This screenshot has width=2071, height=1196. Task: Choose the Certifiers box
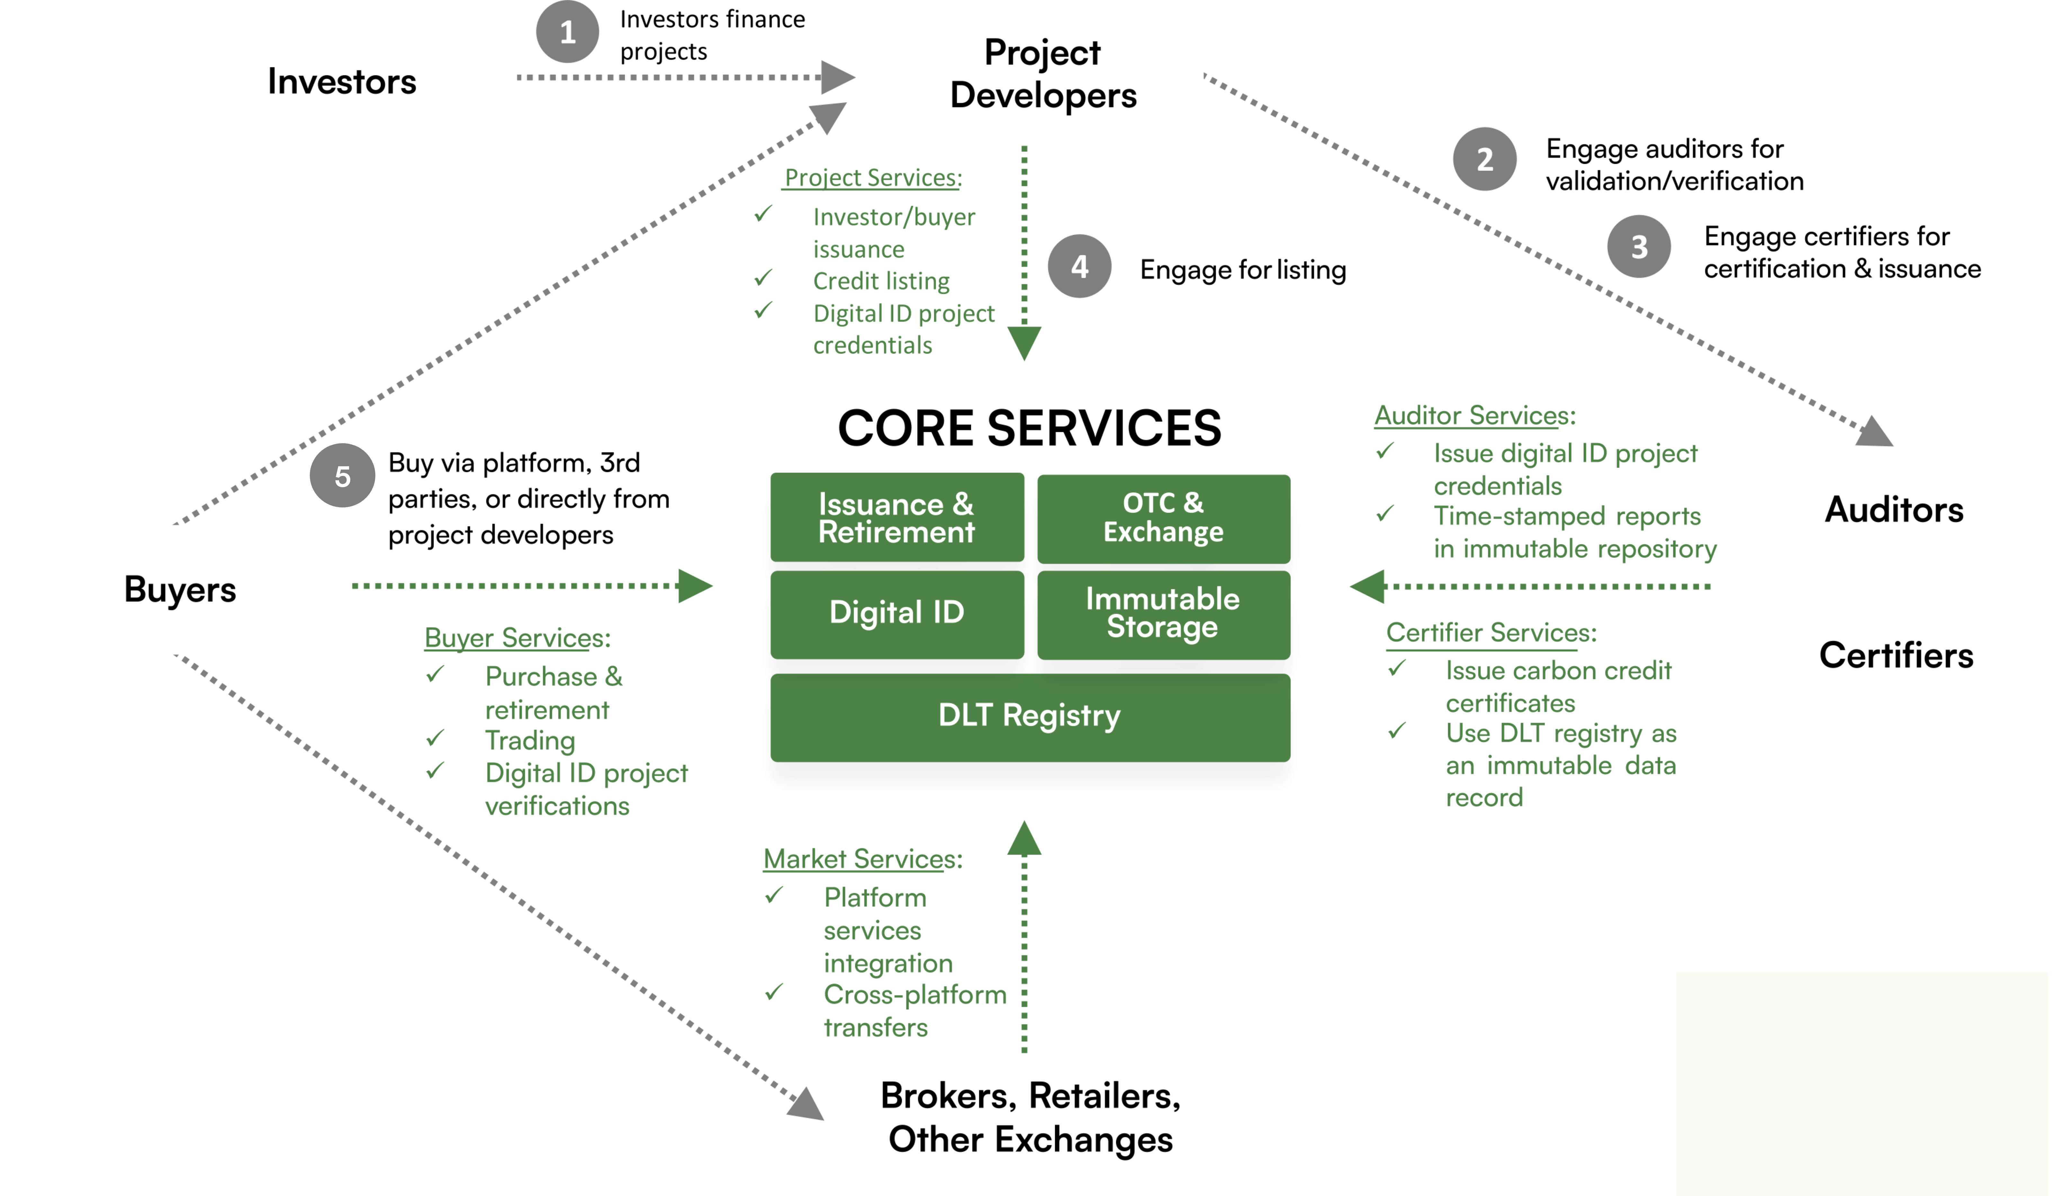coord(1895,655)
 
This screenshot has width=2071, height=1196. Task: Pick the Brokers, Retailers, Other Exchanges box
coord(1031,1119)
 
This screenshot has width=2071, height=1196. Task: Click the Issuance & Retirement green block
coord(897,517)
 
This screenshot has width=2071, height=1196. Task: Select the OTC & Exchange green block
coord(1163,518)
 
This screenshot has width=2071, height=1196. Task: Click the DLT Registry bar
coord(1030,716)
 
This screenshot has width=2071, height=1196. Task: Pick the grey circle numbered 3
coord(1639,246)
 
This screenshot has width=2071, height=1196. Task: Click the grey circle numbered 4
coord(1079,266)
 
